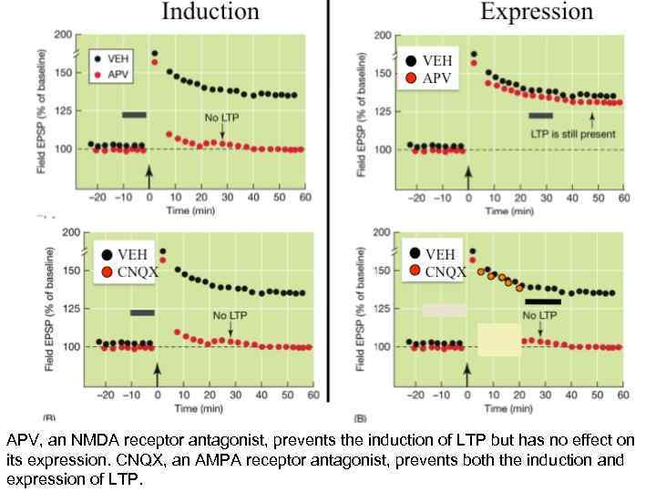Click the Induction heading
pos(210,12)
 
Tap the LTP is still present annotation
pos(573,134)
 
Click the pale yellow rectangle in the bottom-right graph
pos(498,339)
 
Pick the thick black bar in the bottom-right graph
pos(543,301)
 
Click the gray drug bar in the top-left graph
pos(134,115)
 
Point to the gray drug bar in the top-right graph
pos(541,116)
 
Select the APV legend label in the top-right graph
pos(436,77)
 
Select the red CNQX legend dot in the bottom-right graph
pos(415,270)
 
